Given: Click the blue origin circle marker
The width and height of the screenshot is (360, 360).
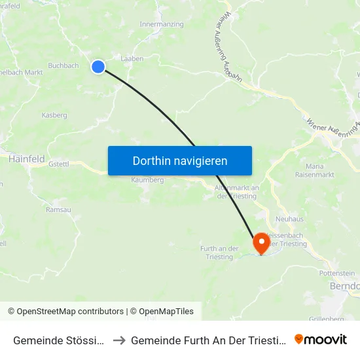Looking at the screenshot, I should (98, 66).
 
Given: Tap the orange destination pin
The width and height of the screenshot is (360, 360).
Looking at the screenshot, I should (261, 243).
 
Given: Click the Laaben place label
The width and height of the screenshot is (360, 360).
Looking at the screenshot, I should (132, 58).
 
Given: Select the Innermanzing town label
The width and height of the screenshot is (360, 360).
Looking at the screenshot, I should (162, 24).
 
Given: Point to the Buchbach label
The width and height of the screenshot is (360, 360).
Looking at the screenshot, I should (63, 65).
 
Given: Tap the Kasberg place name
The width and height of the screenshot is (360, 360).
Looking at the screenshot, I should (54, 115).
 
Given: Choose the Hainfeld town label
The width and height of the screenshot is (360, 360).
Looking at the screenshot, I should (26, 158).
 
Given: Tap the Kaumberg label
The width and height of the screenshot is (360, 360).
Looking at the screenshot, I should (147, 179).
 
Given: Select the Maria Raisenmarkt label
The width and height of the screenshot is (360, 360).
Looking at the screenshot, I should (315, 170).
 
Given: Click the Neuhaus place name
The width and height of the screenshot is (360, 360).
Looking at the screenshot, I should (290, 219).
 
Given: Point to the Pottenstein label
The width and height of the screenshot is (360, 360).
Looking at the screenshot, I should (336, 273).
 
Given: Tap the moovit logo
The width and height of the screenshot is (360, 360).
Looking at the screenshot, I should (320, 339).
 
